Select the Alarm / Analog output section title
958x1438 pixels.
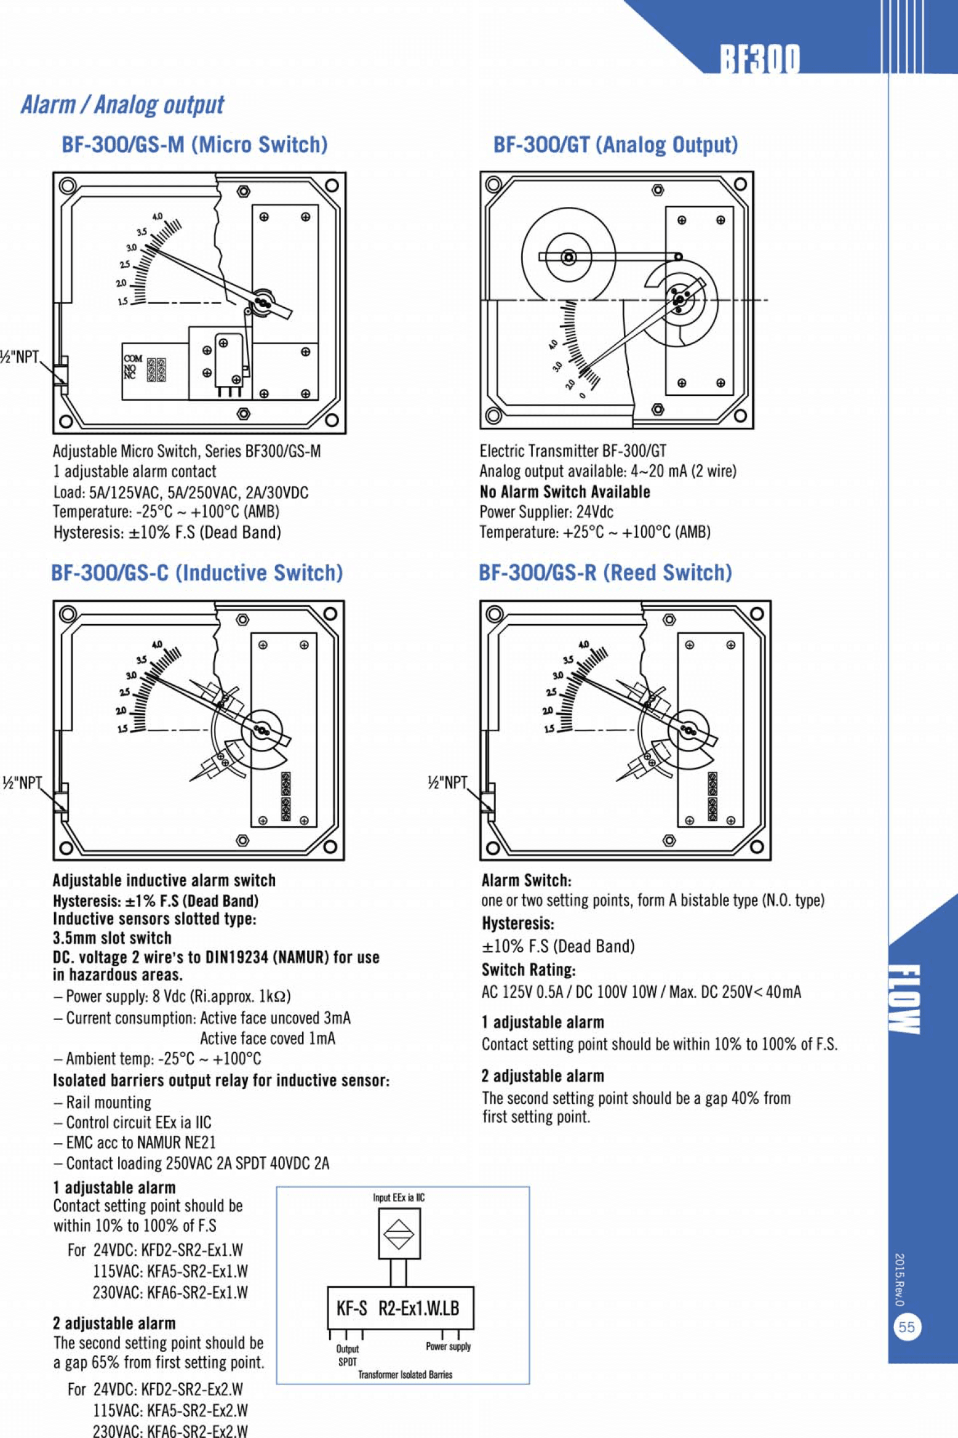[x=122, y=105]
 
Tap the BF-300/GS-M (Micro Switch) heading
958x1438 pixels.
[x=194, y=145]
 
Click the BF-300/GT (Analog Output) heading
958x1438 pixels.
[x=615, y=145]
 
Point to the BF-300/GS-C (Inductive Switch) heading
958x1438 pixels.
[x=196, y=572]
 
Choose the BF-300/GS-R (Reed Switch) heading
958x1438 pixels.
[x=605, y=572]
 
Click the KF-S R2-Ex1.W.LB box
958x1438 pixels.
[x=400, y=1308]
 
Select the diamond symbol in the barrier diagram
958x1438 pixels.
[x=399, y=1234]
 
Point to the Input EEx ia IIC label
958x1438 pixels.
[x=399, y=1197]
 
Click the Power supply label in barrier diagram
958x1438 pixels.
[x=448, y=1346]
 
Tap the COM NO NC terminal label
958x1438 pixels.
[x=132, y=367]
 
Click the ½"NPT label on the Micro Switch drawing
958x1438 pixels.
[x=20, y=357]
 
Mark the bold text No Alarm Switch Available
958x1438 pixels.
[x=565, y=492]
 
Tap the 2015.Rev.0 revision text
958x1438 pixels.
[x=899, y=1279]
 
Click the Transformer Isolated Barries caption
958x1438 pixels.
[x=405, y=1375]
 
